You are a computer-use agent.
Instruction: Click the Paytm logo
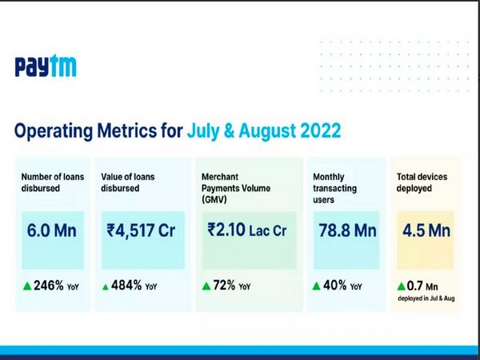46,67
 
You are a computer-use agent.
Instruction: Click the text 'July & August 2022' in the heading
264,130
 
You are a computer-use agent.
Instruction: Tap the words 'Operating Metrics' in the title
98,130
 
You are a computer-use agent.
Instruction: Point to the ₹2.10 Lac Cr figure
247,232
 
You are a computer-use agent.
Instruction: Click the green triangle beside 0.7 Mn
402,286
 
